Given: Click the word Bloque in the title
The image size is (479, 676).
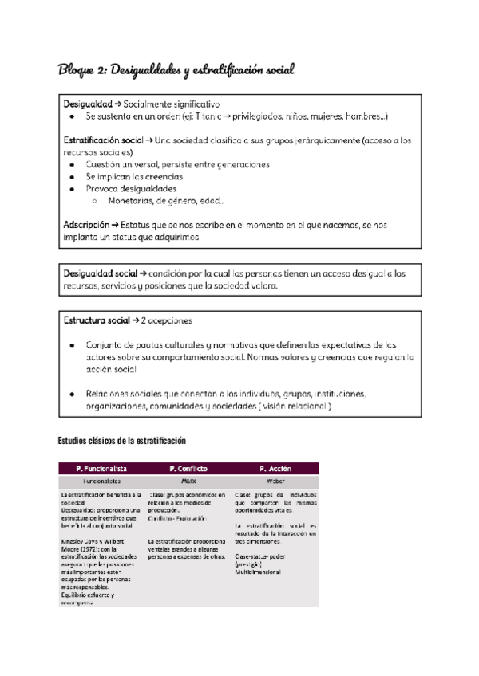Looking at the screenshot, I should tap(77, 70).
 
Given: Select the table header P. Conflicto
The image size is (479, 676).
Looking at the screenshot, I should tap(188, 469).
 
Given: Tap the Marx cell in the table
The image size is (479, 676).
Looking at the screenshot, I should tap(188, 481).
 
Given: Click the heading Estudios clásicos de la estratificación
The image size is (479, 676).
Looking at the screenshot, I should tap(121, 441).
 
